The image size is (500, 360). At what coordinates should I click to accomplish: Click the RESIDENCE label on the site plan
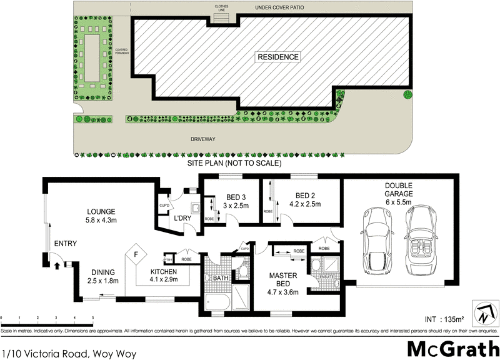[x=277, y=57]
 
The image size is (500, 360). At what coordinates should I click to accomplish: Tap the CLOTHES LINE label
[x=222, y=9]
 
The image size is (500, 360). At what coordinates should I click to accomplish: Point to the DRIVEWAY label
[x=205, y=139]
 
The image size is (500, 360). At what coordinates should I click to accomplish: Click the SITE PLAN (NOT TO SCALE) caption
[x=235, y=163]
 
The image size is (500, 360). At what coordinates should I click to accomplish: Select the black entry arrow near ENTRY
[x=57, y=265]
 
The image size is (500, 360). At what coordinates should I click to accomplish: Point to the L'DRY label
[x=182, y=217]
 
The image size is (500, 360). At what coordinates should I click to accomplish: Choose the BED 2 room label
[x=305, y=195]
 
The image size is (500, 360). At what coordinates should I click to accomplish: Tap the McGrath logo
[x=453, y=347]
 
